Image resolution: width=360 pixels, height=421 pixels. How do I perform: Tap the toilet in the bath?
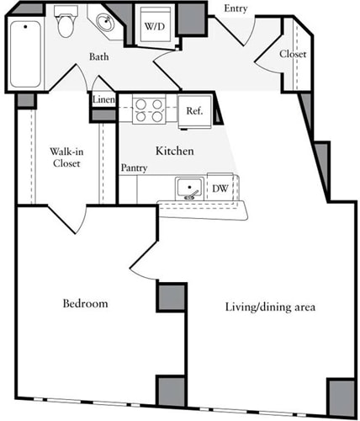coord(66,24)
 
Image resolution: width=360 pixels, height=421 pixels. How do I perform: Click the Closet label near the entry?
coord(293,54)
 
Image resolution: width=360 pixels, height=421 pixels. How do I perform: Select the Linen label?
coord(103,100)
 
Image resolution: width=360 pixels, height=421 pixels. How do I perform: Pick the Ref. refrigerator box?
coord(193,110)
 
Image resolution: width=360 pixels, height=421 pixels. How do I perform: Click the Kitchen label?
coord(175,152)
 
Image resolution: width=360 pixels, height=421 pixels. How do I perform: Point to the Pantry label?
coord(134,168)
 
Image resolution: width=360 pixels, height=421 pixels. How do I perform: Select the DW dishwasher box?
coord(220,189)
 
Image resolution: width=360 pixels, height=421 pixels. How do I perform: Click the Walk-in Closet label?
coord(64,157)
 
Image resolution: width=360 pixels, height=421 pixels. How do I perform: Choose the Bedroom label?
coord(85,303)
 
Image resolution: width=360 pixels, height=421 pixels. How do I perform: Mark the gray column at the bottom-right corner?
coord(341,395)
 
